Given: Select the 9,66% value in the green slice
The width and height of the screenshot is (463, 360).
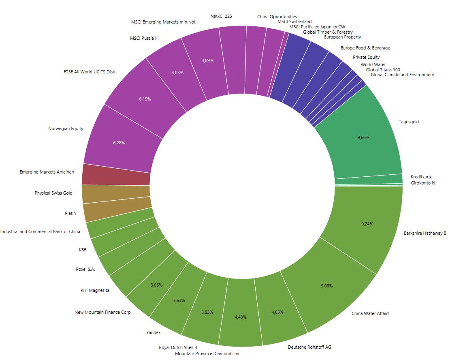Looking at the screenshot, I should tap(363, 138).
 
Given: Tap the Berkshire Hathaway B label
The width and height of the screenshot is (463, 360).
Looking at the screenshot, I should tap(425, 233).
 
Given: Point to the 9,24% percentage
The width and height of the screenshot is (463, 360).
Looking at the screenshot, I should tap(367, 224).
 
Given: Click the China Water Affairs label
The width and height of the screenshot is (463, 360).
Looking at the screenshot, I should tap(370, 313).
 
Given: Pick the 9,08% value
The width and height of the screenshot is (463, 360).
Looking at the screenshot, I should tap(326, 286).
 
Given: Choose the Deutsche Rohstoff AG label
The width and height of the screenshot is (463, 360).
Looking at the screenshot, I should tap(309, 347).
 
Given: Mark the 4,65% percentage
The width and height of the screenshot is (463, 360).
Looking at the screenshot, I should tap(277, 312).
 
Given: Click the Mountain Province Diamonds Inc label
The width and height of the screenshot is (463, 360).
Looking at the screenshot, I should tap(207, 354).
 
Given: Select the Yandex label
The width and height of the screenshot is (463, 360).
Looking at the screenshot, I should tap(153, 332).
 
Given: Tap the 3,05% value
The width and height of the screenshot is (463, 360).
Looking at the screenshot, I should tap(156, 285).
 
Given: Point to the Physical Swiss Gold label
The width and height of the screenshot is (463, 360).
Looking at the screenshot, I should tap(53, 193).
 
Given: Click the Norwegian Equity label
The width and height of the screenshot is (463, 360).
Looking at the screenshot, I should tap(66, 129).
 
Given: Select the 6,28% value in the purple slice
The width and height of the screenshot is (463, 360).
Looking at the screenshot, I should tap(119, 143).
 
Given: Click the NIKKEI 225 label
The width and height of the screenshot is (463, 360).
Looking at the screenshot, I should tap(221, 16).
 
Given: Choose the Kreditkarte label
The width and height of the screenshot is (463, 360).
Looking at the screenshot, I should tap(421, 177).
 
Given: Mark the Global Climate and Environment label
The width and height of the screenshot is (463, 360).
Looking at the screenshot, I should tap(402, 75).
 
